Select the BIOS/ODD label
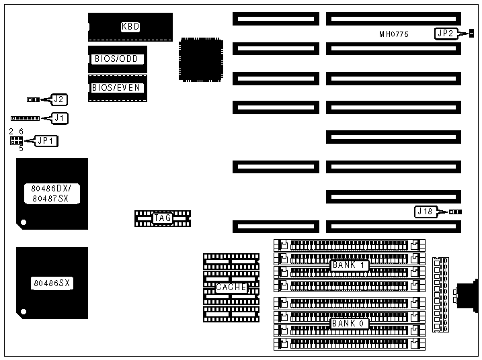pyautogui.click(x=115, y=59)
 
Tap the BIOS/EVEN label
pyautogui.click(x=115, y=87)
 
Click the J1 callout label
pyautogui.click(x=60, y=118)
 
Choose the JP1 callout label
pyautogui.click(x=46, y=140)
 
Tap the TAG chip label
pyautogui.click(x=162, y=218)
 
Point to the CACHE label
pyautogui.click(x=231, y=287)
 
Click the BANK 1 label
pyautogui.click(x=348, y=265)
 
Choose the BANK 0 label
pyautogui.click(x=348, y=324)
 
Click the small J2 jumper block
pyautogui.click(x=32, y=99)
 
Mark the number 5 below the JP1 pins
pyautogui.click(x=21, y=148)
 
